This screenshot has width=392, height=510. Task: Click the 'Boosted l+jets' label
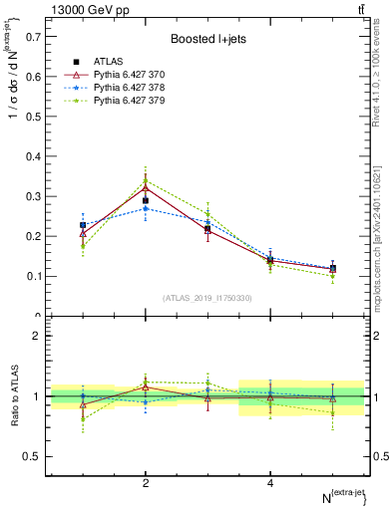tap(206, 39)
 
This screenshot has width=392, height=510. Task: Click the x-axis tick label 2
tap(146, 483)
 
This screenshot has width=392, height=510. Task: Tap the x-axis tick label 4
tap(270, 483)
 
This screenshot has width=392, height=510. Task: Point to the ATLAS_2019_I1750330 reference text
tap(208, 298)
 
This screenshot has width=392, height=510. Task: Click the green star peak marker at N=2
tap(146, 181)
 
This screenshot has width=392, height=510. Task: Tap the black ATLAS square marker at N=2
tap(146, 200)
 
